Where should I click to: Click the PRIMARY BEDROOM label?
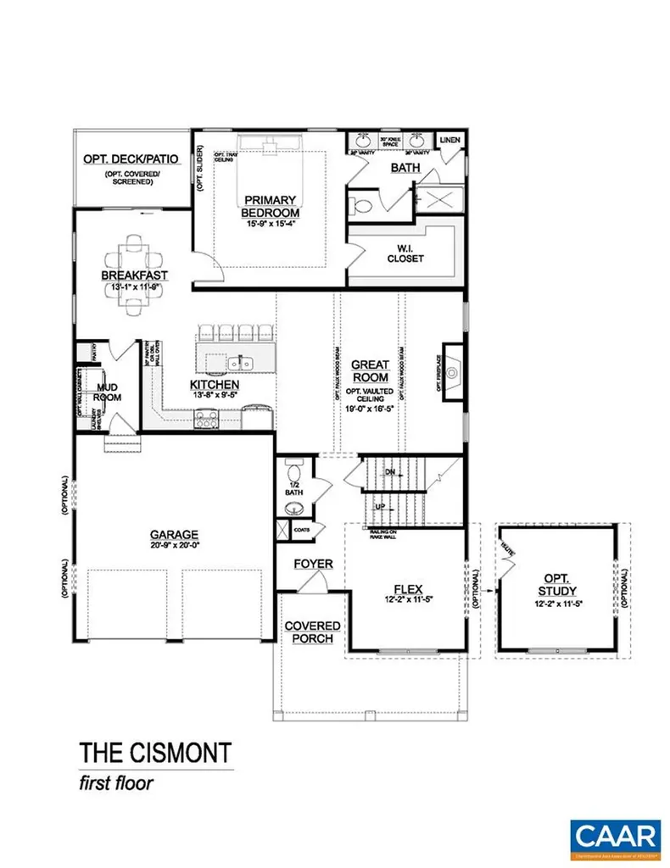click(x=270, y=205)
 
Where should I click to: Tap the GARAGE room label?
click(x=174, y=535)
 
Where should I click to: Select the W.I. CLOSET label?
click(x=405, y=253)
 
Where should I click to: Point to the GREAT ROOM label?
click(x=370, y=370)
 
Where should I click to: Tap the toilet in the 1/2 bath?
click(x=293, y=471)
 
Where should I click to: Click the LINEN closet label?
click(x=449, y=139)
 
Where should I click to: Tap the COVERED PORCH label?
click(x=312, y=632)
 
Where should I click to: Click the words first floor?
click(x=116, y=783)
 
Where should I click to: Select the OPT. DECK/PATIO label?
click(x=131, y=159)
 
